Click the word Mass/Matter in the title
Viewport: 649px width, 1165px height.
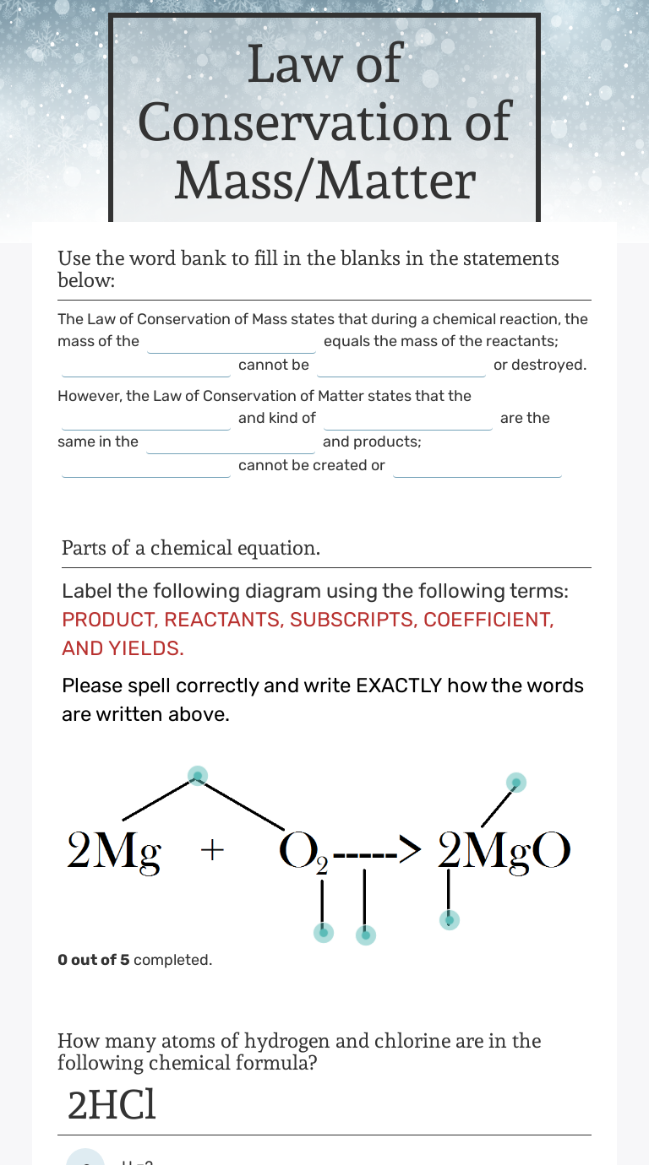325,180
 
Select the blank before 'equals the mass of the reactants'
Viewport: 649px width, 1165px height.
232,343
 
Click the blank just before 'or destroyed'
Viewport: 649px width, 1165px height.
401,366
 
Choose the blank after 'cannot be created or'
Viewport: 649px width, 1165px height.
477,467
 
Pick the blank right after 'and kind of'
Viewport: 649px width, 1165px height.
408,420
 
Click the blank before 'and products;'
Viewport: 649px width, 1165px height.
231,443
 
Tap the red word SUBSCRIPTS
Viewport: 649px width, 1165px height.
350,620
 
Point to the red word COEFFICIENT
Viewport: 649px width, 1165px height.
488,620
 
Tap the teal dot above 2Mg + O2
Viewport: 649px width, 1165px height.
197,776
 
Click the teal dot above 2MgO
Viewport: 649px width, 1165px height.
515,783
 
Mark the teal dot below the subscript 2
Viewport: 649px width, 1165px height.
323,932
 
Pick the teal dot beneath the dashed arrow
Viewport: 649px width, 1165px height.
366,935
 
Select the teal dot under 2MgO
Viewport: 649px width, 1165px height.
450,919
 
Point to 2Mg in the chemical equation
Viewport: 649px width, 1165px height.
114,851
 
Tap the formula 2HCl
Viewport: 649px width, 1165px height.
112,1106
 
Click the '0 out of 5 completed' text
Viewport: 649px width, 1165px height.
135,960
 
